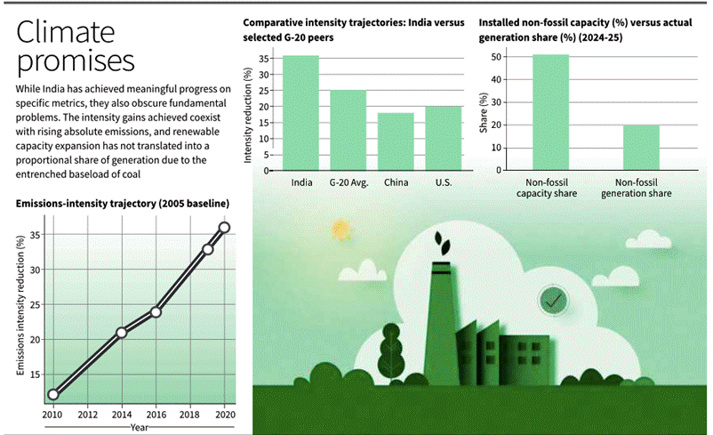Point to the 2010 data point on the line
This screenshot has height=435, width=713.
tap(53, 394)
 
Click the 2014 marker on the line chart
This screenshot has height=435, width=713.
tap(122, 333)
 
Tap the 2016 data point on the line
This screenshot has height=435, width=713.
tap(156, 311)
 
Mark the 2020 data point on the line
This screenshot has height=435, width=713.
tap(224, 228)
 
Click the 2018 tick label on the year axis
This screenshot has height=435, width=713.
tap(189, 415)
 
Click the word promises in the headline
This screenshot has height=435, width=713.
tap(76, 62)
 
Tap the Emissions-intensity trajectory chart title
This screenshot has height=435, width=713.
tap(123, 204)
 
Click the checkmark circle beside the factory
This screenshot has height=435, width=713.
tap(553, 302)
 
